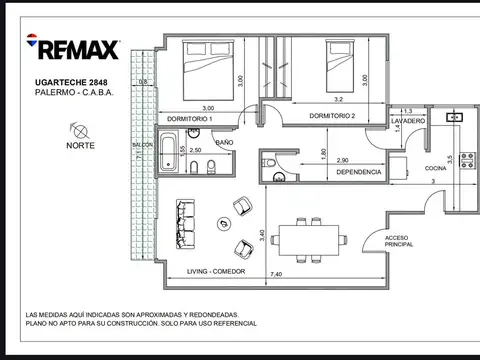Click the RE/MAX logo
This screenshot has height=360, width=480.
click(x=73, y=47)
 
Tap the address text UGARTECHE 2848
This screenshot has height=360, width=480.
click(x=71, y=82)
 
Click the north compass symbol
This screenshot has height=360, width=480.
click(x=80, y=131)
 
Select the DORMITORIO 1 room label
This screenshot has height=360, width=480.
click(x=189, y=119)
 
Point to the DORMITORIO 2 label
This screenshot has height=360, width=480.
click(x=332, y=116)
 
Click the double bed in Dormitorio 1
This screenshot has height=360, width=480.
click(x=208, y=70)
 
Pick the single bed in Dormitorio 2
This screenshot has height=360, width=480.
click(x=340, y=66)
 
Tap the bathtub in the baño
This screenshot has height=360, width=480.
click(x=169, y=152)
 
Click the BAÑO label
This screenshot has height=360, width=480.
click(x=224, y=143)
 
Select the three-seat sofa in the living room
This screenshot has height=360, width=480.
click(x=185, y=224)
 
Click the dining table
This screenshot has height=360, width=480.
click(x=309, y=240)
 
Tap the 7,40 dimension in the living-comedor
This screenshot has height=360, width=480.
click(x=276, y=274)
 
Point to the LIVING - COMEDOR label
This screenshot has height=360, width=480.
click(x=216, y=271)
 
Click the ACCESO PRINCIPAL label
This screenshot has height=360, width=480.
click(x=399, y=241)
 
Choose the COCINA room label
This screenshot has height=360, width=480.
click(x=435, y=168)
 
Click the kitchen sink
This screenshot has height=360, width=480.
click(x=455, y=117)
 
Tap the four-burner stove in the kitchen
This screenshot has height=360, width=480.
click(x=467, y=160)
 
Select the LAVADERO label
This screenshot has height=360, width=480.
click(x=408, y=121)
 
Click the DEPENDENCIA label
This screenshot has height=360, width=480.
click(x=359, y=172)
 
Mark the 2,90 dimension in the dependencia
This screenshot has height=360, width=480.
click(x=342, y=160)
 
